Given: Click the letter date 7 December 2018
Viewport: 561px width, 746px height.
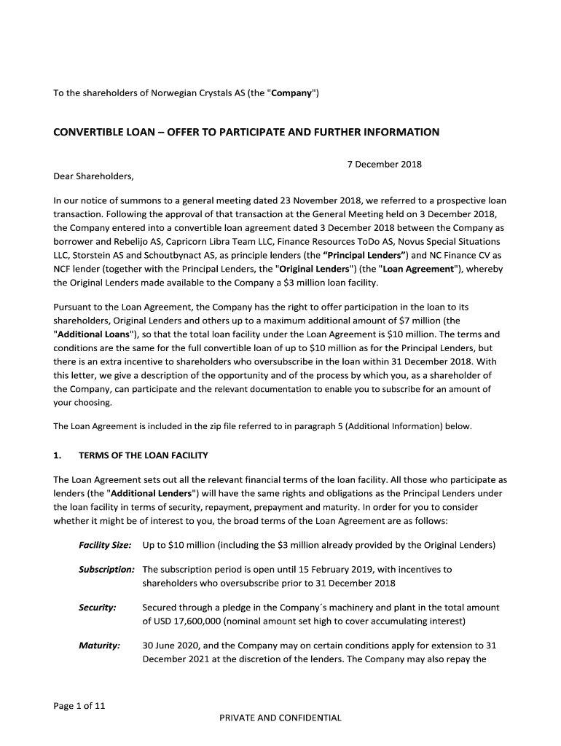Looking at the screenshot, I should [383, 164].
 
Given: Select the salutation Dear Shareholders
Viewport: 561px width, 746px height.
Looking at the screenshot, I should [94, 176].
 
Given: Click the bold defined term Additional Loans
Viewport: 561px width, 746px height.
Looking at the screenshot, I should [91, 334].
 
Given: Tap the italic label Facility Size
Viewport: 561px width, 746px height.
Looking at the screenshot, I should [105, 545].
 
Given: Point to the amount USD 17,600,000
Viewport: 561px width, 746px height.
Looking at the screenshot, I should [192, 621].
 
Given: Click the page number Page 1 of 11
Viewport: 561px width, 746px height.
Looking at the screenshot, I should [79, 706].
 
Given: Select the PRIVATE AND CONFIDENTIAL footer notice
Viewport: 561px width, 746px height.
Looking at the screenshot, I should [280, 718].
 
